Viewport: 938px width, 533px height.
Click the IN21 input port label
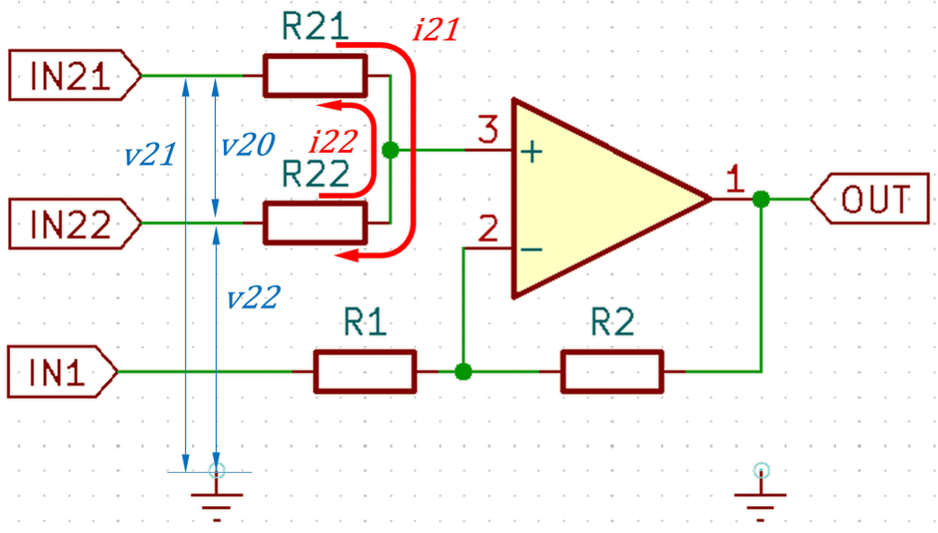click(75, 76)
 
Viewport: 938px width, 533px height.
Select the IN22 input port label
click(75, 224)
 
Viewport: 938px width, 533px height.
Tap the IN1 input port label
click(62, 371)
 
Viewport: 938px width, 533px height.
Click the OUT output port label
click(870, 200)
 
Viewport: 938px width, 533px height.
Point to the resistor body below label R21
click(316, 76)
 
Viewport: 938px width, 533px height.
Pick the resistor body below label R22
click(316, 223)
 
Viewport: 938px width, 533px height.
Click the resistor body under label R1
click(365, 371)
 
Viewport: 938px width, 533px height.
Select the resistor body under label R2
click(612, 371)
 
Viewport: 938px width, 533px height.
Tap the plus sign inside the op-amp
click(532, 152)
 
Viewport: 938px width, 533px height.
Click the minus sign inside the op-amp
click(532, 249)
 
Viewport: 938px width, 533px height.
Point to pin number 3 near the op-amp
click(488, 129)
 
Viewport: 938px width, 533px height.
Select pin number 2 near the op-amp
click(488, 228)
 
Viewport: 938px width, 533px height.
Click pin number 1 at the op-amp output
click(736, 178)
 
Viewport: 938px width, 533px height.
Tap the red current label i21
click(436, 30)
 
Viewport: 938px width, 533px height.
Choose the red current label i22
click(334, 142)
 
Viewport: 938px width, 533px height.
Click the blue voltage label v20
click(248, 144)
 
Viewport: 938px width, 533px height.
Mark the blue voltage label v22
click(254, 298)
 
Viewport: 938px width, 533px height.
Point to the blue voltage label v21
click(150, 155)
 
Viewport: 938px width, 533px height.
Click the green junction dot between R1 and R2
click(463, 371)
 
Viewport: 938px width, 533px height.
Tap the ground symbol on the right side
click(760, 493)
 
